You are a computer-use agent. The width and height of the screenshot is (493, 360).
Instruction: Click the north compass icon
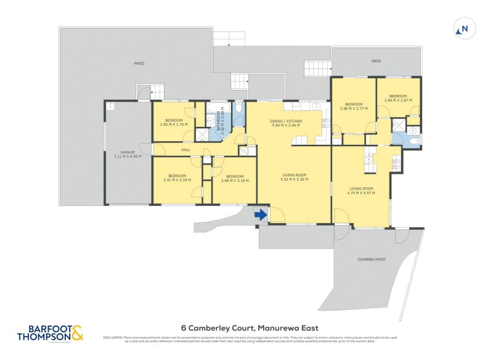coord(463,28)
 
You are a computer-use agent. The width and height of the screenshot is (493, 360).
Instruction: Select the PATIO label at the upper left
coord(139,63)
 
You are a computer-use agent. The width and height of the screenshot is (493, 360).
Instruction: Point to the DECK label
coord(376,61)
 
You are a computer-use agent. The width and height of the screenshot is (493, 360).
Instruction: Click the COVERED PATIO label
coord(371,260)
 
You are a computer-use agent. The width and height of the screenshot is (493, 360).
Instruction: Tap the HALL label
coord(185,150)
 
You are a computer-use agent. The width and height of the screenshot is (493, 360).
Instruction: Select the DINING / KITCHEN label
coord(285,121)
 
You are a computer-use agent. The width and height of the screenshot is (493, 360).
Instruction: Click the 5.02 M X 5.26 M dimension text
coord(294,179)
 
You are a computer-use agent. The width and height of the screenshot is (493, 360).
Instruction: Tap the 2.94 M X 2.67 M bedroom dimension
coord(397,100)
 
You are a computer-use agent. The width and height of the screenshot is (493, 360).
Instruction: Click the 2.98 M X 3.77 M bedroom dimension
coord(354,108)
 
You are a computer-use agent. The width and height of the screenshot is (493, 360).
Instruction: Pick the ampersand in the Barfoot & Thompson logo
coord(76,333)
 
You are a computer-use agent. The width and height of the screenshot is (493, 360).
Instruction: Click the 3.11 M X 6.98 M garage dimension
coord(128,157)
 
